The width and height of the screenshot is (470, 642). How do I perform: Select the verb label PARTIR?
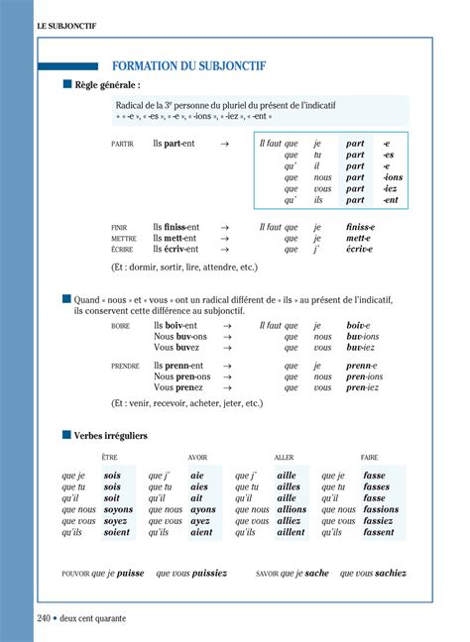coord(122,145)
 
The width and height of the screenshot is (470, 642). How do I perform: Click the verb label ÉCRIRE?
coord(123,251)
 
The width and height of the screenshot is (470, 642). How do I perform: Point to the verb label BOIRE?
coord(121,326)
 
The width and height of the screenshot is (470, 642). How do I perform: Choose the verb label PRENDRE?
coord(125,367)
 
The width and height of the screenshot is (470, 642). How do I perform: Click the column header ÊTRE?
coord(109,458)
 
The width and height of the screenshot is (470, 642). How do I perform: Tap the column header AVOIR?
coord(197,458)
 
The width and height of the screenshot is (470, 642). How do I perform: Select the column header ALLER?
coord(285,458)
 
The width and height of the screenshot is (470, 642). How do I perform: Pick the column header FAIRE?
coord(370,458)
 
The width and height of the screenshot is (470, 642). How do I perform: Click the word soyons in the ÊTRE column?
coord(118,509)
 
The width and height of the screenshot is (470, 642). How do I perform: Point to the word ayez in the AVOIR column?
coord(201,521)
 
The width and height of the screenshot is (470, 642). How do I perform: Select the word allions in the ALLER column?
coord(292,509)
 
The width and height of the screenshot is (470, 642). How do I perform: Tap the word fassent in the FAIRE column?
coord(378,532)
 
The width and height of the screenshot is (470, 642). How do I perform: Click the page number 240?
coord(44,618)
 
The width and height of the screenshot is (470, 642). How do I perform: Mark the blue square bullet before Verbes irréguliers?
coord(67,435)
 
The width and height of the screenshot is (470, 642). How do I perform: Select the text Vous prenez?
coord(176,388)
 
